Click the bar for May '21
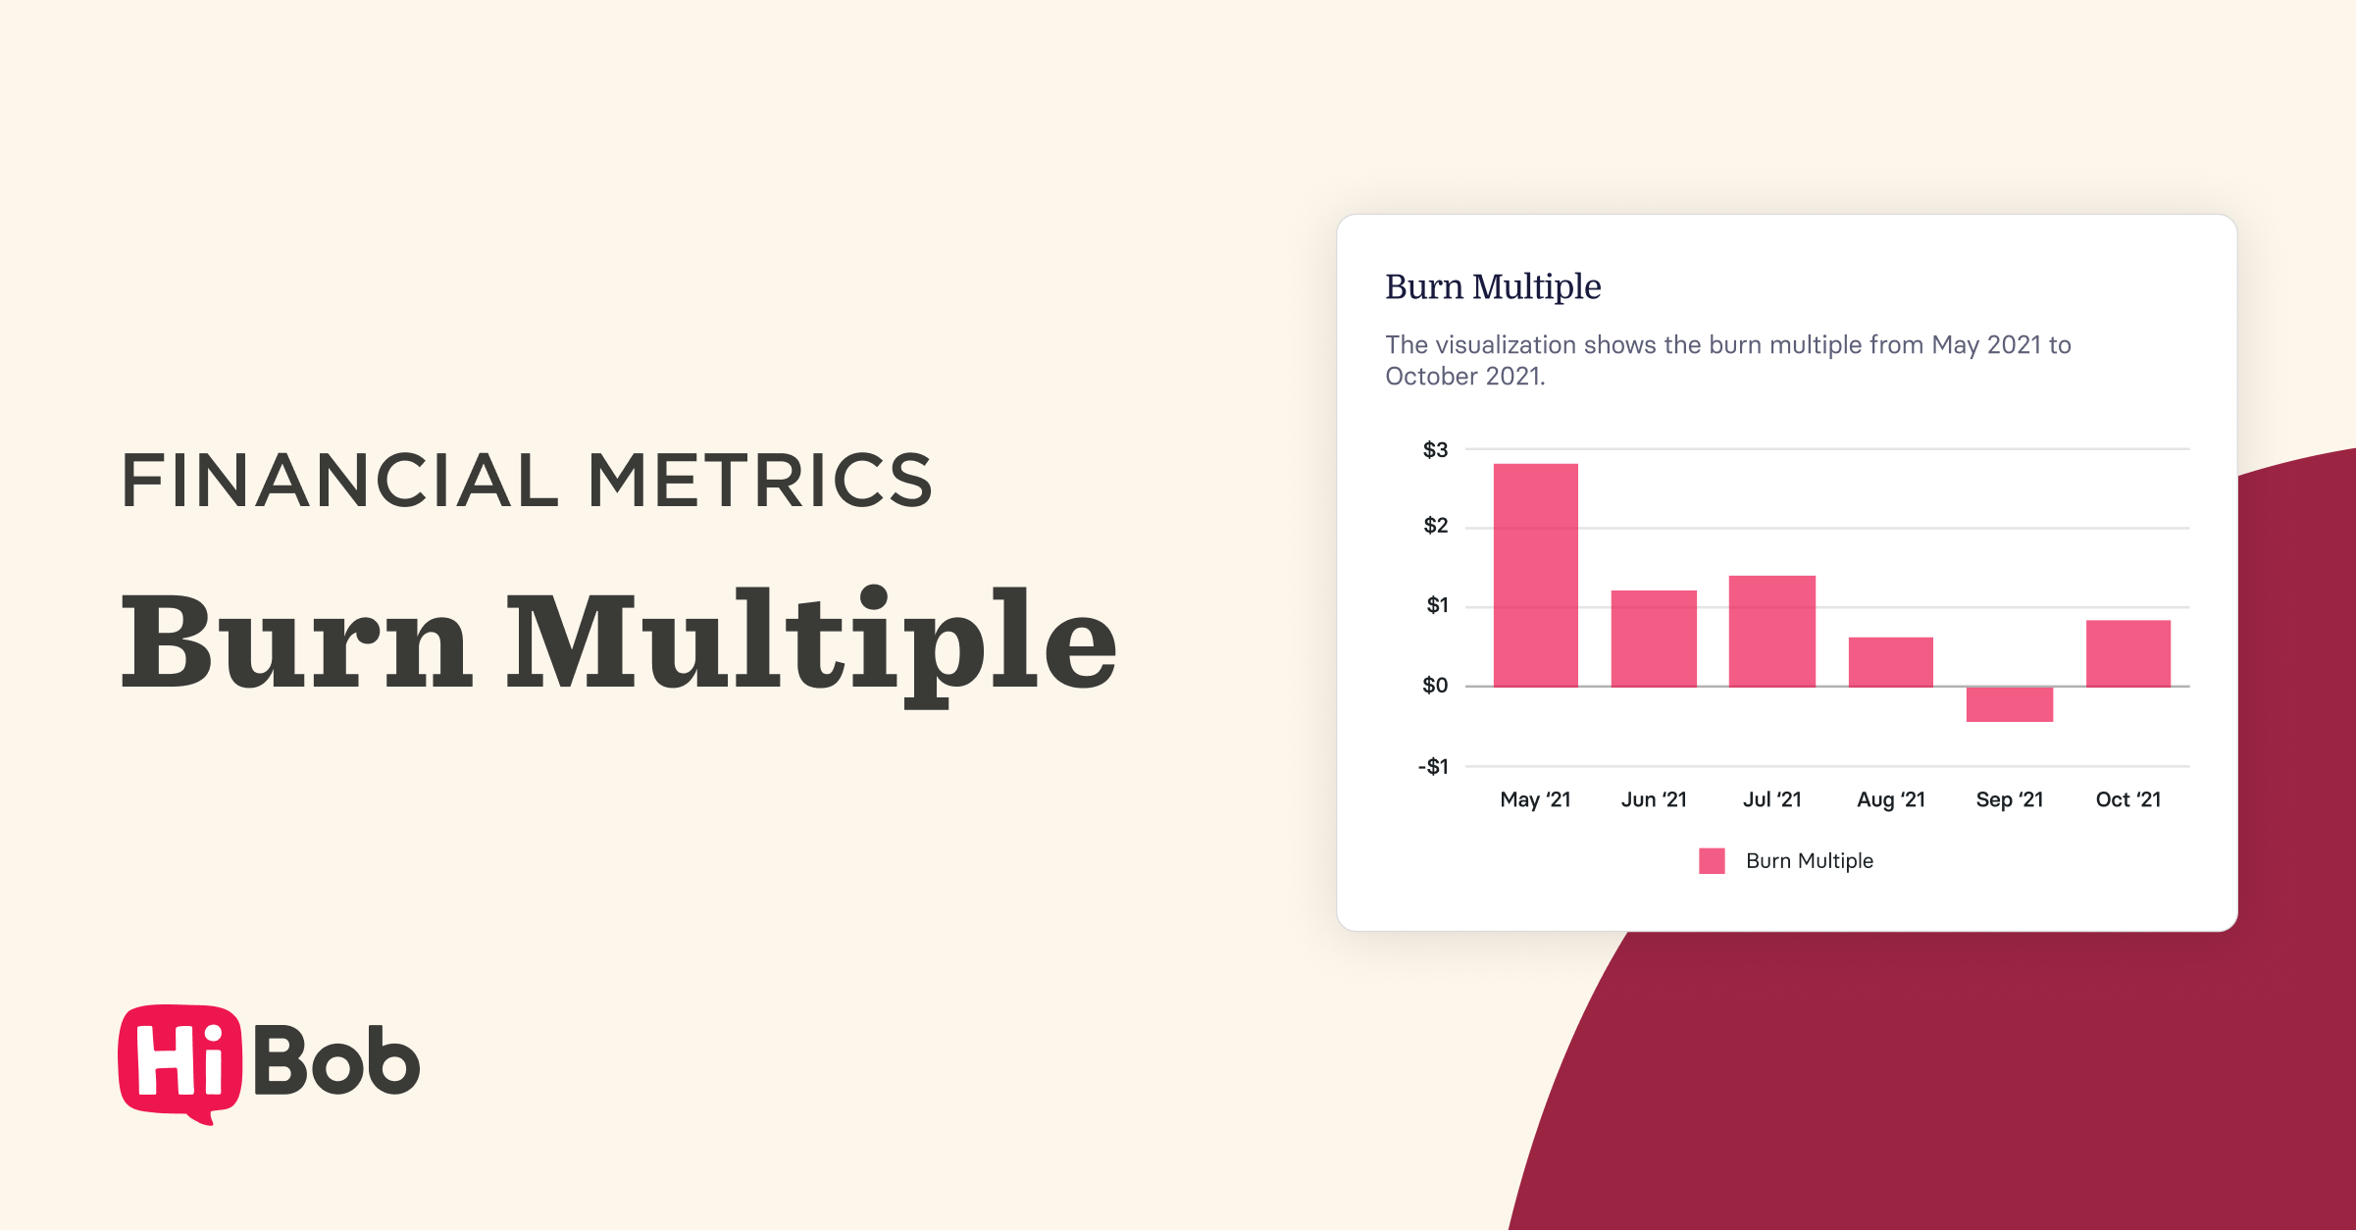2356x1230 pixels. [1535, 575]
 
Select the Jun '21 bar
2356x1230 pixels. [1654, 638]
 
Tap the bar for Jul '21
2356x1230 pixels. [1771, 631]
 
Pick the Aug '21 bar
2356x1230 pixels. [1890, 662]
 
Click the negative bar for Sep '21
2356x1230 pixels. [2009, 704]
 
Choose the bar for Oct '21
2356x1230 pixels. [2127, 653]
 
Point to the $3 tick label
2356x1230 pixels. [1435, 450]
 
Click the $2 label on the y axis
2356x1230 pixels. [1435, 526]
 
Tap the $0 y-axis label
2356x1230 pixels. [1435, 686]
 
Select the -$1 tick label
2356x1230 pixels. [1433, 766]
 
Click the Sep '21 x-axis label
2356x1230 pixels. [2009, 799]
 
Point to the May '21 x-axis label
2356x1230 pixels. [1535, 799]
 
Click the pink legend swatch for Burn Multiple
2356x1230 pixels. [1712, 861]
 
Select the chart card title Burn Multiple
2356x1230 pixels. [1493, 286]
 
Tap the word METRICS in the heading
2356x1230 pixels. [759, 481]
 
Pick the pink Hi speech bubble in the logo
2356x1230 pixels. [179, 1061]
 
